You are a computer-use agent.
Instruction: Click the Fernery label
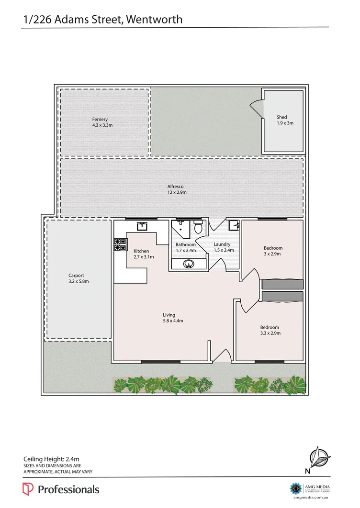[100, 119]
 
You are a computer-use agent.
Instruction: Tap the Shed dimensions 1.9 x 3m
[284, 123]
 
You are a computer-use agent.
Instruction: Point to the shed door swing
[257, 108]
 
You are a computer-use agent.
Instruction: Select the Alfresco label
[175, 187]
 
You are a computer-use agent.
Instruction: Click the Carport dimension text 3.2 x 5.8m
[79, 281]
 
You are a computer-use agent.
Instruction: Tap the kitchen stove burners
[120, 244]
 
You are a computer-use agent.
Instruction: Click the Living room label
[169, 315]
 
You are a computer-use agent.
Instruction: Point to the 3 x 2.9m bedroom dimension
[273, 254]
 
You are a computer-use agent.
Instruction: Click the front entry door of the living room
[220, 357]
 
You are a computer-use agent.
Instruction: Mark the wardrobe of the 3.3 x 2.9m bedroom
[282, 297]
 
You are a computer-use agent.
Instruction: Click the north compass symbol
[320, 459]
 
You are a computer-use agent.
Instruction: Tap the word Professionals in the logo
[68, 489]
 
